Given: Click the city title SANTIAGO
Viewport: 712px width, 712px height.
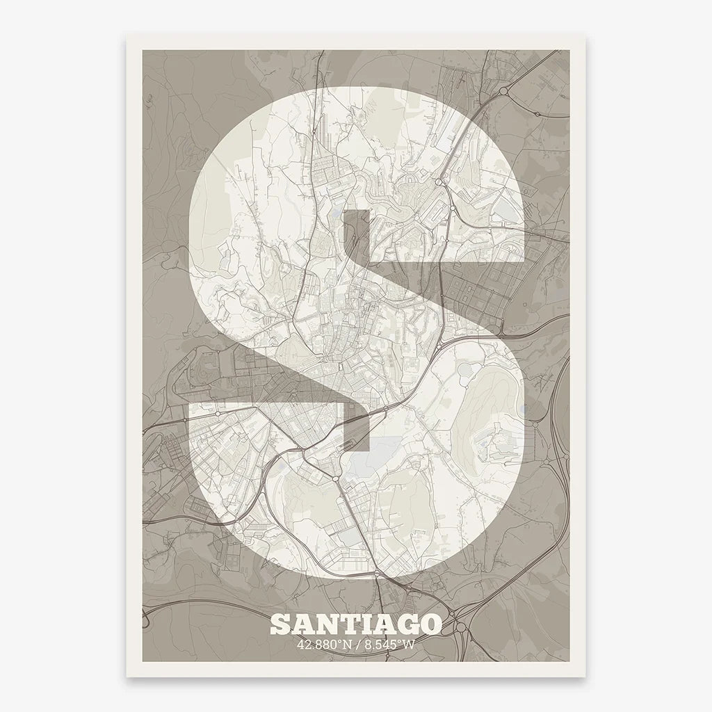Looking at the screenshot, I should (x=355, y=623).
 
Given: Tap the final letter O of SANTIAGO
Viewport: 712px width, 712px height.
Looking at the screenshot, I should (x=430, y=624).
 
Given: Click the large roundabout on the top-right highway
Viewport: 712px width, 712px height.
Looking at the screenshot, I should (x=502, y=91).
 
